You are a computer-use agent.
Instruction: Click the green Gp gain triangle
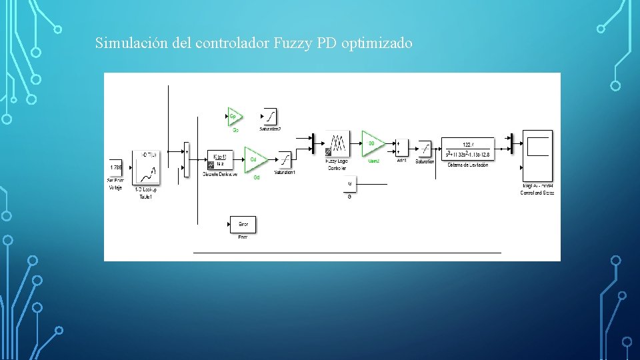point(234,117)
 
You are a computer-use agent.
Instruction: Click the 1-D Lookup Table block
point(146,169)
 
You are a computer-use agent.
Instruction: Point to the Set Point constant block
point(115,167)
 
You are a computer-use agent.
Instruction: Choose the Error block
point(243,225)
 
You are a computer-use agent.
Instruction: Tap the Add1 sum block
point(401,147)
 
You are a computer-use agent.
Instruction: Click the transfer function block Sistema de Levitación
point(468,150)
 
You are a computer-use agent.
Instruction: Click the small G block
point(350,183)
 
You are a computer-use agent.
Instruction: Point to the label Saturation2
point(271,129)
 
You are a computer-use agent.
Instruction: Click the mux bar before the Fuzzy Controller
point(313,143)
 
